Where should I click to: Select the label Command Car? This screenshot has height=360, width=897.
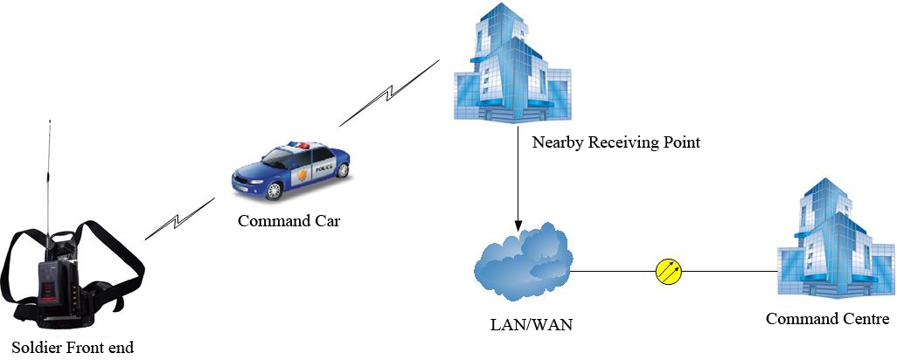[x=289, y=221]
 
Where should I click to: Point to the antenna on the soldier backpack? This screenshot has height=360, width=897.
[x=47, y=175]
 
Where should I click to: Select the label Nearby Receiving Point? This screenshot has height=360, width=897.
[x=616, y=142]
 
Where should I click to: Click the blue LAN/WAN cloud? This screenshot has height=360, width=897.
[x=523, y=260]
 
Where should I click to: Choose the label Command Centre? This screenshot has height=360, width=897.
[x=827, y=319]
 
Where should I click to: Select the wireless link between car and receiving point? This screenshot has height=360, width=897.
[x=388, y=93]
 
